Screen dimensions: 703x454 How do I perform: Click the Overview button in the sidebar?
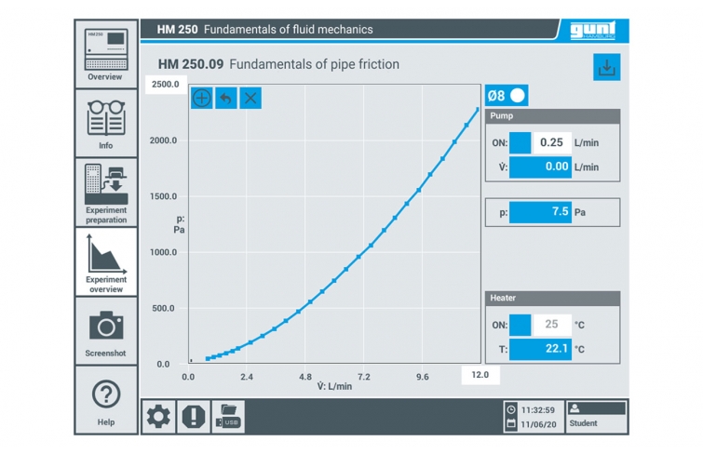click(x=106, y=54)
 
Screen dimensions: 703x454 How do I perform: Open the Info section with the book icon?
click(x=106, y=123)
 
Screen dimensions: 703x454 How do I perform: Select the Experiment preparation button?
click(x=106, y=193)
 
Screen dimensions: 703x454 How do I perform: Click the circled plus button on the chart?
click(x=202, y=98)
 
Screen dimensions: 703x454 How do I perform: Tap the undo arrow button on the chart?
click(x=226, y=98)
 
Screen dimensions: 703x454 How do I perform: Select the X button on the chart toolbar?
click(x=250, y=98)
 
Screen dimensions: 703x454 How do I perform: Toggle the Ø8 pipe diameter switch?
click(x=507, y=96)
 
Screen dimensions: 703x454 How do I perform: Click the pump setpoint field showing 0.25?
click(x=552, y=142)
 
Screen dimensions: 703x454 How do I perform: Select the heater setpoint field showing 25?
click(x=552, y=325)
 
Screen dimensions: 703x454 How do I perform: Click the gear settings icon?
click(x=158, y=417)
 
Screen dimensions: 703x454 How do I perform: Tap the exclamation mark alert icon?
click(x=194, y=417)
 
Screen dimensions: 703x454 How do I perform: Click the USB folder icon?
click(x=228, y=417)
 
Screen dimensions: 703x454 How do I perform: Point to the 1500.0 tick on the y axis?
click(x=163, y=196)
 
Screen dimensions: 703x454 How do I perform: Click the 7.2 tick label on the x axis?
click(x=364, y=377)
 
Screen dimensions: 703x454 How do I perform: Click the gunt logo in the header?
click(x=593, y=30)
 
